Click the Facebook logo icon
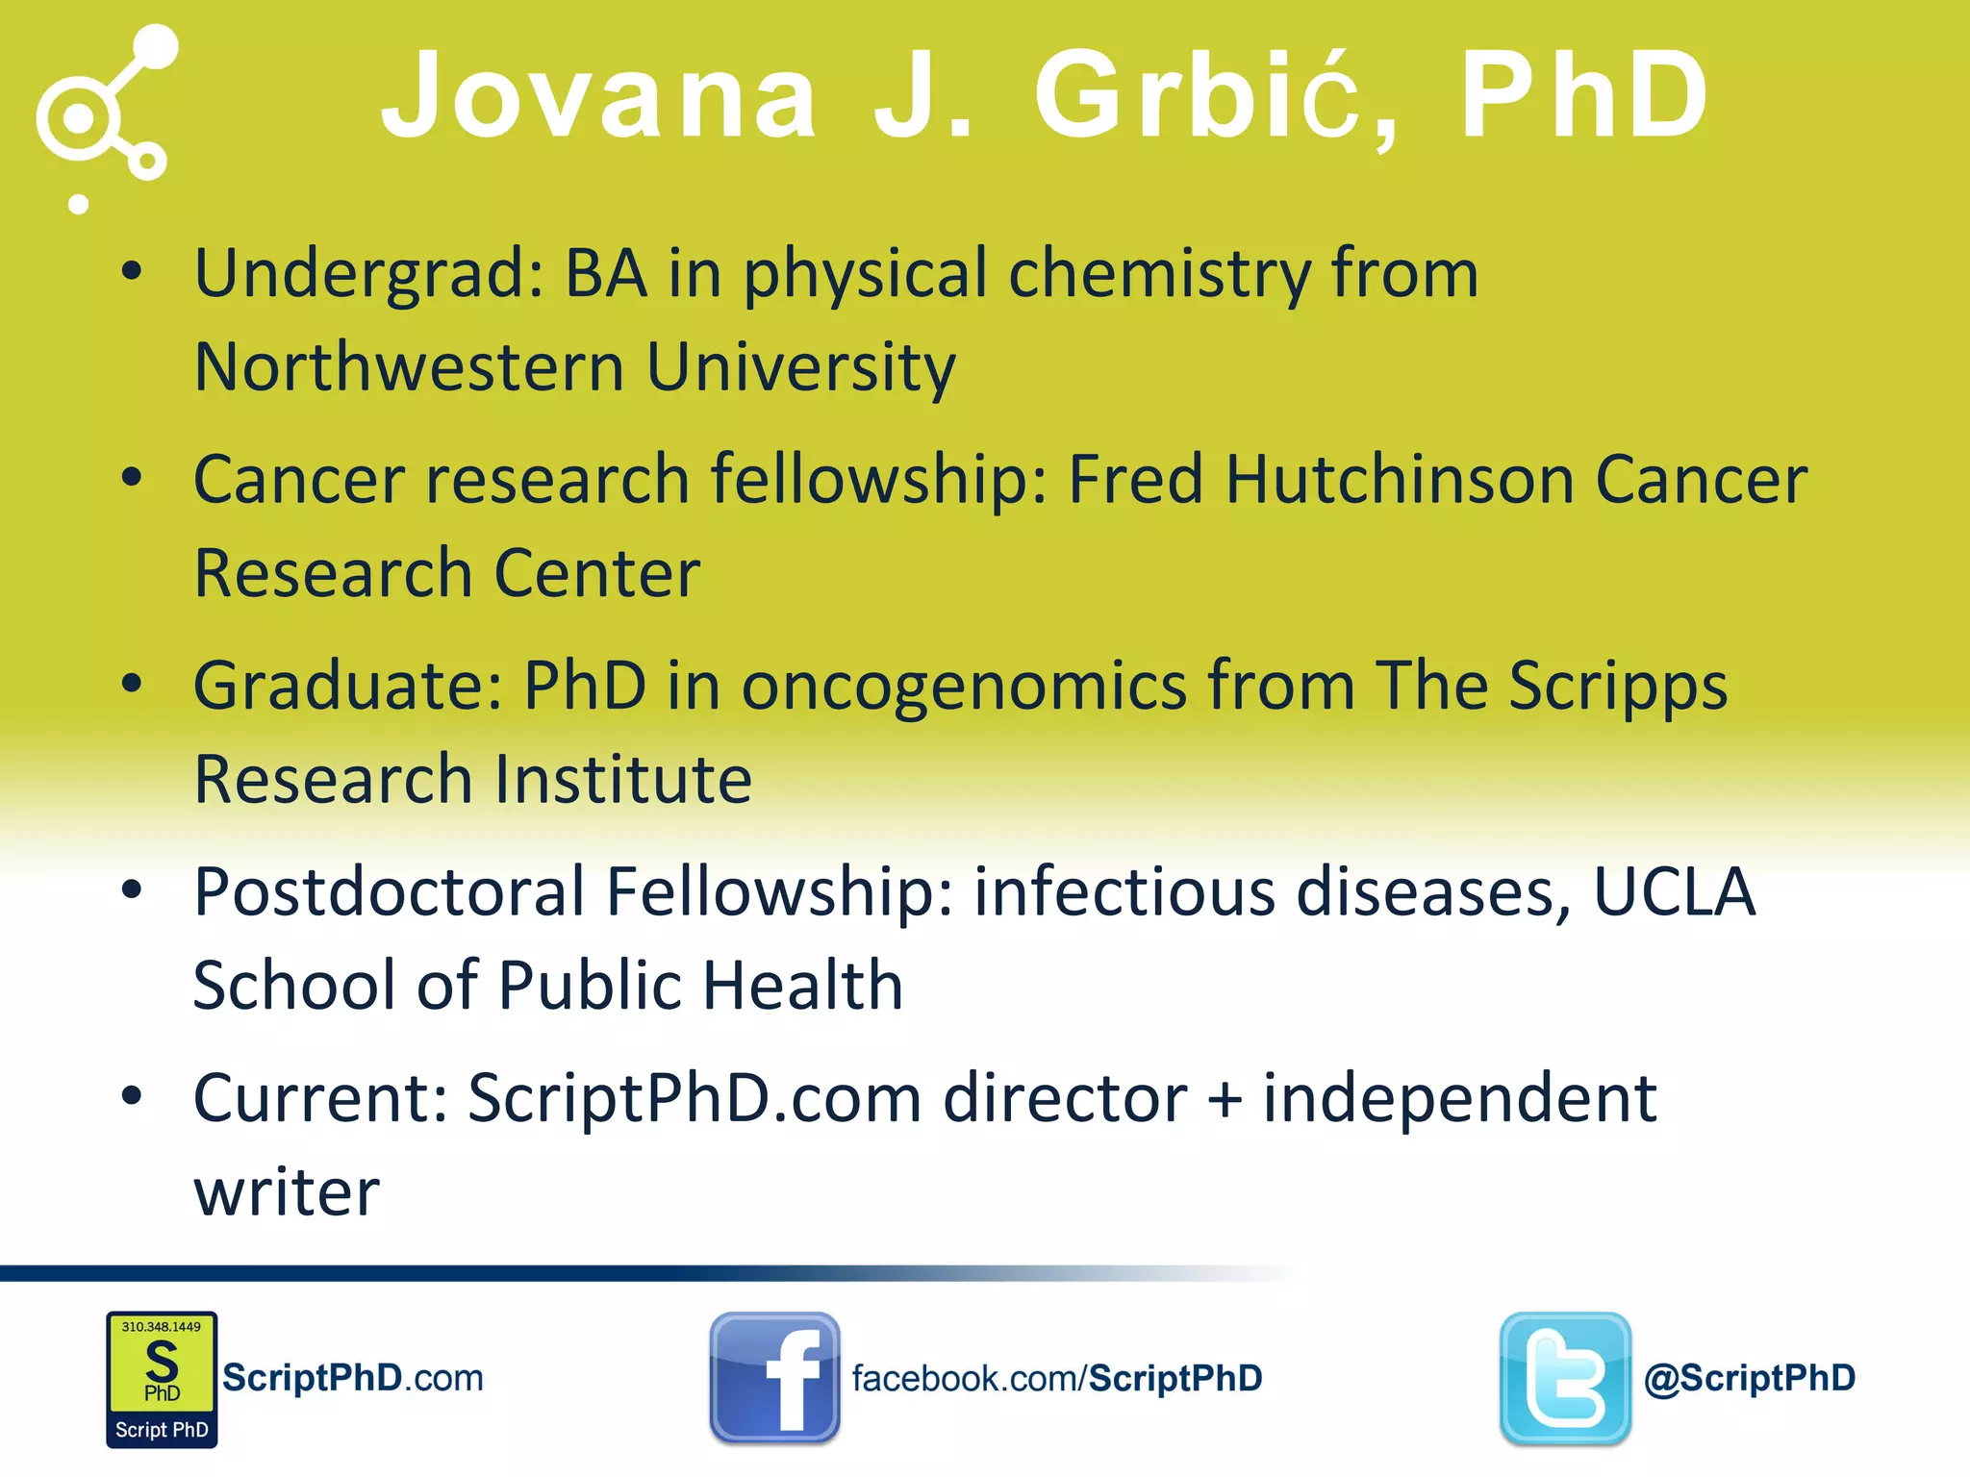(x=774, y=1378)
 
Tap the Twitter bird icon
(x=1565, y=1378)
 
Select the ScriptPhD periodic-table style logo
(x=162, y=1379)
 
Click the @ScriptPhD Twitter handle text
(x=1750, y=1378)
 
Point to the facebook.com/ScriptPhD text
(x=1057, y=1379)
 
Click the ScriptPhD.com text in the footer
(x=353, y=1378)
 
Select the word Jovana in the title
(x=599, y=96)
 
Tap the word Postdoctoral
(x=390, y=891)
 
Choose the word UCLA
(x=1675, y=891)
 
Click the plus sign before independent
(x=1225, y=1099)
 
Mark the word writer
(x=287, y=1192)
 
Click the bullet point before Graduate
(x=132, y=684)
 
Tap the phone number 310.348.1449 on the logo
(x=162, y=1327)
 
